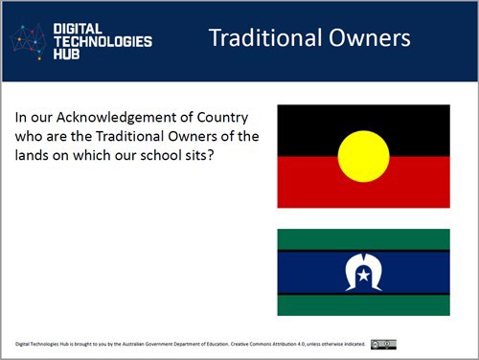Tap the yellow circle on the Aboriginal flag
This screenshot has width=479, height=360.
363,156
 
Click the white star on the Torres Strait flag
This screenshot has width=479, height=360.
363,277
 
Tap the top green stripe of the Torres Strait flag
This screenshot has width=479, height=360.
363,239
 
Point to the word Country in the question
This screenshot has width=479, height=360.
221,118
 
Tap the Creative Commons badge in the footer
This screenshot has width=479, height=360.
383,344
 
